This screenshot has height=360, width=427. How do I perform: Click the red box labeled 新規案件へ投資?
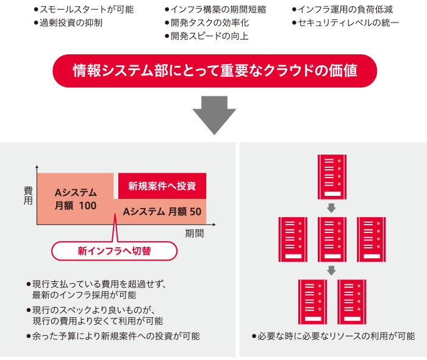162,185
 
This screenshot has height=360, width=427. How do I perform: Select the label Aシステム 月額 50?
162,212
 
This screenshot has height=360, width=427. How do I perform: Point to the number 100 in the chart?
87,206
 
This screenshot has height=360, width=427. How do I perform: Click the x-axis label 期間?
194,233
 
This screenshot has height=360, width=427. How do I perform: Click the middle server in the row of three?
331,239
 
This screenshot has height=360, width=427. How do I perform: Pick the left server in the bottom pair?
312,301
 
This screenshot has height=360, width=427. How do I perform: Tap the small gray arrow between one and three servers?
331,208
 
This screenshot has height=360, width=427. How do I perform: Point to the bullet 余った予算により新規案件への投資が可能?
116,336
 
